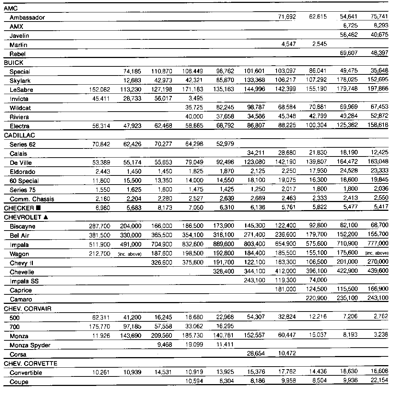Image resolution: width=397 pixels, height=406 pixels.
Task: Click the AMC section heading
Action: (11, 8)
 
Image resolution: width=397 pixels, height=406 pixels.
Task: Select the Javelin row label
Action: (19, 36)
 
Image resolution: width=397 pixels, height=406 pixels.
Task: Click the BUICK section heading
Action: (14, 63)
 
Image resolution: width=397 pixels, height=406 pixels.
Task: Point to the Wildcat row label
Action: (20, 108)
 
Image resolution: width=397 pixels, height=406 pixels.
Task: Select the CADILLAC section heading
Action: (19, 135)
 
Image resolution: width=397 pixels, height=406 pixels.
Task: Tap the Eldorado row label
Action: (22, 172)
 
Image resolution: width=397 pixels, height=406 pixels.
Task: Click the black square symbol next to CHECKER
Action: (39, 208)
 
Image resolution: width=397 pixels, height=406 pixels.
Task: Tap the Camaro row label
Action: (21, 299)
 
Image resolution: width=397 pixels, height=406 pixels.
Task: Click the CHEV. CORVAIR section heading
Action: (28, 309)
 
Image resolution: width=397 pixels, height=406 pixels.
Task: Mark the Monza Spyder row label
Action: (30, 345)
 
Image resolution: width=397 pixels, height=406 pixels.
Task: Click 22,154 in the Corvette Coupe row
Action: (380, 382)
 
